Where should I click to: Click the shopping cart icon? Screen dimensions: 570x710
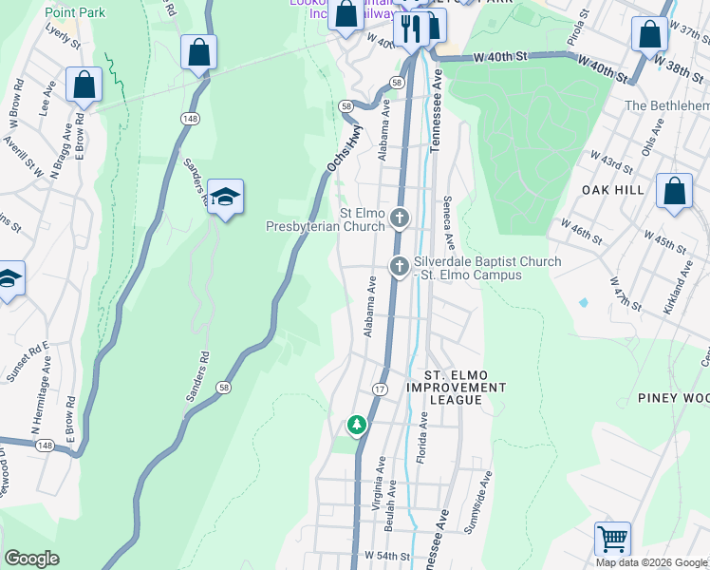pyautogui.click(x=612, y=539)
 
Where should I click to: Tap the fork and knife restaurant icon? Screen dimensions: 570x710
pyautogui.click(x=411, y=28)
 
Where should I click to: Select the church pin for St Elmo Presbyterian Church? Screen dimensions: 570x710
pyautogui.click(x=400, y=219)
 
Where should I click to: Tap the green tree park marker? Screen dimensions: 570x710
pyautogui.click(x=357, y=425)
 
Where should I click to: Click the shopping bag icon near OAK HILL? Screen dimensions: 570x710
pyautogui.click(x=674, y=190)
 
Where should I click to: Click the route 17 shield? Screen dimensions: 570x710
pyautogui.click(x=380, y=389)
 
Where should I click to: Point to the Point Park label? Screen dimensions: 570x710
pyautogui.click(x=74, y=12)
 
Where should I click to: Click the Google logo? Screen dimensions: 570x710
pyautogui.click(x=31, y=559)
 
